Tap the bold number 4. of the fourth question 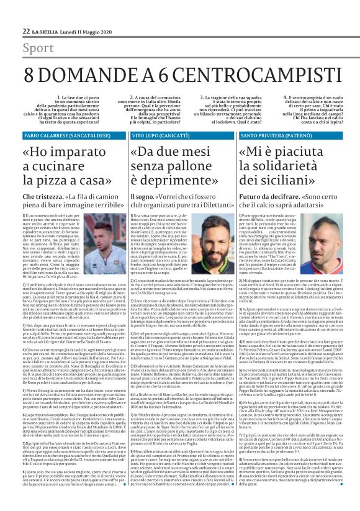251,97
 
